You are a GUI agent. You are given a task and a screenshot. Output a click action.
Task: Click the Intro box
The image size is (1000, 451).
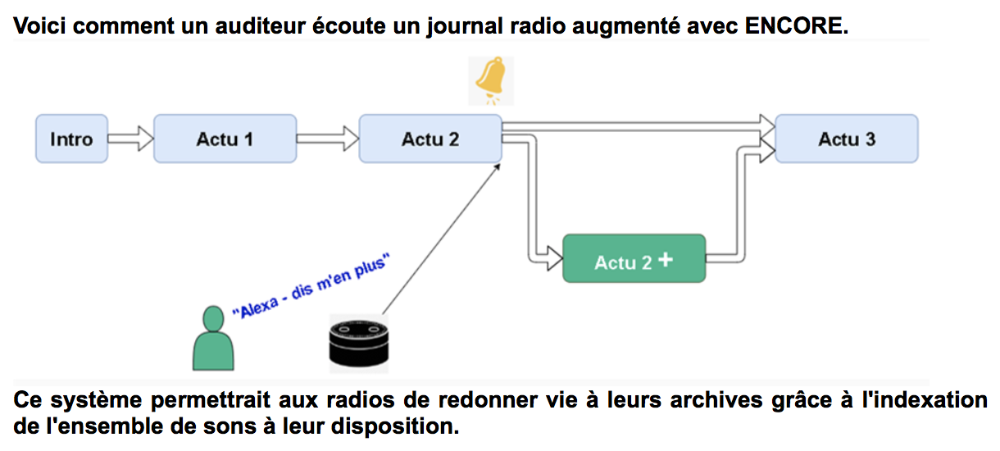[71, 139]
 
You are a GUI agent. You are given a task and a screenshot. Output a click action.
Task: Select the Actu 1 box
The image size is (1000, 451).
[225, 139]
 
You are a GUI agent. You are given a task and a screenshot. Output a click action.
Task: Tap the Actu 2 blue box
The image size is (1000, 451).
[430, 139]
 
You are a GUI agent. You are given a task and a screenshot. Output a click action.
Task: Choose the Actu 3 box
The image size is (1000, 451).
[846, 139]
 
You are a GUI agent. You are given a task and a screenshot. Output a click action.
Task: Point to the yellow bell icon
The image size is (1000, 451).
[490, 80]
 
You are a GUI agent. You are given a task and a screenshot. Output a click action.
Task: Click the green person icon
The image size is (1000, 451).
[213, 338]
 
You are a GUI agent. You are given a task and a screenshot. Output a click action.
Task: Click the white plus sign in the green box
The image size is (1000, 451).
[665, 260]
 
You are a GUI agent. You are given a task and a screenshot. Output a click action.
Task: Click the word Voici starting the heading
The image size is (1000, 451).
[39, 25]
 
